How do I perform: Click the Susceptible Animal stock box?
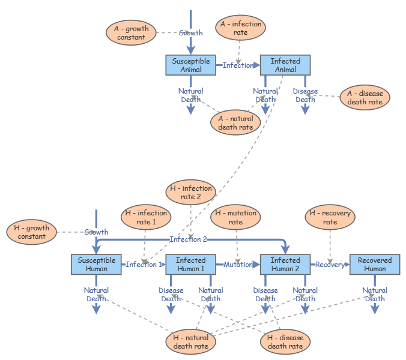click(191, 65)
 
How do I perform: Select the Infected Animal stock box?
click(285, 65)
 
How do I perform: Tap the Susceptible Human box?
click(96, 265)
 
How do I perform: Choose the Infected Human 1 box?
click(191, 265)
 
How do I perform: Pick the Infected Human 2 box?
click(285, 265)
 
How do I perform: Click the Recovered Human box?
click(375, 265)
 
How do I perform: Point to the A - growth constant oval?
click(131, 33)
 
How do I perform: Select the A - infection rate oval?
click(240, 28)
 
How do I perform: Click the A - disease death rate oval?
click(365, 98)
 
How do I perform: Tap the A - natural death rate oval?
click(235, 122)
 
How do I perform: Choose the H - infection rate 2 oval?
click(190, 193)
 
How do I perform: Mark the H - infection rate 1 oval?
click(146, 217)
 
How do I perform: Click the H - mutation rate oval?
click(235, 217)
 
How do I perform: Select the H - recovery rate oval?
click(330, 217)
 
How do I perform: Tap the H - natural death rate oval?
click(191, 342)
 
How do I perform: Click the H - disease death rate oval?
click(285, 342)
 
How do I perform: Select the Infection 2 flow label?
click(188, 239)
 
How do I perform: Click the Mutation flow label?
click(238, 265)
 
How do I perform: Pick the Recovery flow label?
click(330, 265)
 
